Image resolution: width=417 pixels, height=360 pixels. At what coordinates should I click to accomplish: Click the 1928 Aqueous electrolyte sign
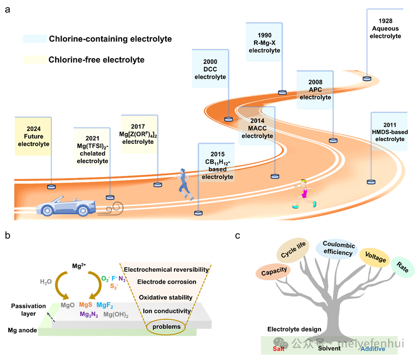tap(385, 29)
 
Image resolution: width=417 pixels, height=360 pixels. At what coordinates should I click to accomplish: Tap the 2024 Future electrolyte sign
tap(34, 133)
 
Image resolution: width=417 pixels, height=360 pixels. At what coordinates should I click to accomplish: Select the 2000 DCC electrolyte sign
tap(211, 70)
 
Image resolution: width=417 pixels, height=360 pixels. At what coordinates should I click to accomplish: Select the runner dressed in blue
tap(185, 183)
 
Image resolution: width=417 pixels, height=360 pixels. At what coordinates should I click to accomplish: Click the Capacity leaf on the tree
tap(274, 271)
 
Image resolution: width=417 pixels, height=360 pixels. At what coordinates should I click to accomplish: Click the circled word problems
tap(166, 327)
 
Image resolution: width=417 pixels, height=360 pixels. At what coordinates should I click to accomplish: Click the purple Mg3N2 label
tap(88, 314)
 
